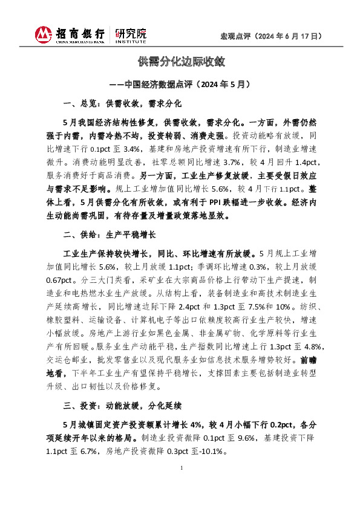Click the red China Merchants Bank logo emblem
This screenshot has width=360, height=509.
tap(43, 35)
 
